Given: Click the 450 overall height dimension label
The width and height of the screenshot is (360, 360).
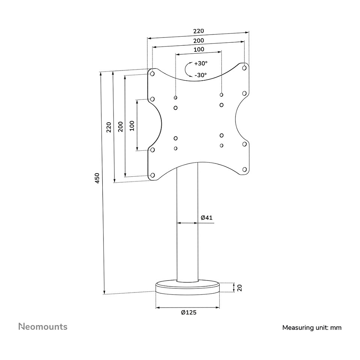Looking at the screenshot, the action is [97, 178].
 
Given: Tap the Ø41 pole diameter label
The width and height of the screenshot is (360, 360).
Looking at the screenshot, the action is [207, 217].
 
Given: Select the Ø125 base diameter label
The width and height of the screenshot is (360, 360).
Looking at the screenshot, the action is [189, 312].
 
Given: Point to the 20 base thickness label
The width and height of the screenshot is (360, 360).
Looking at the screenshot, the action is [240, 288].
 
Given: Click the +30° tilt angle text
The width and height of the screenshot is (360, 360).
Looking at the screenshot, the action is [201, 63].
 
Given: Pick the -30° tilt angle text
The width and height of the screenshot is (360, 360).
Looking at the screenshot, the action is [200, 75].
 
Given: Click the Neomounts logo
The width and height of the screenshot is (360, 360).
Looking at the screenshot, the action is [43, 327].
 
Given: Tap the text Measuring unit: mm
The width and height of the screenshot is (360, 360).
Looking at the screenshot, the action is [312, 328].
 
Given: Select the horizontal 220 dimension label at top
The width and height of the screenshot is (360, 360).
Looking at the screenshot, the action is [198, 31].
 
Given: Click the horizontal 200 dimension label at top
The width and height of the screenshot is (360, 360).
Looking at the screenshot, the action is [198, 40].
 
